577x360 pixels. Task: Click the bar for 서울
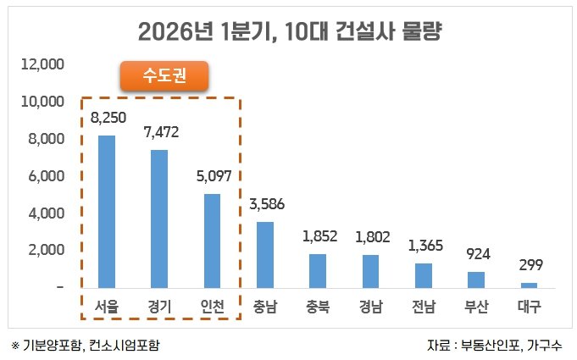[x=107, y=212]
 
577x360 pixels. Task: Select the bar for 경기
[x=159, y=219]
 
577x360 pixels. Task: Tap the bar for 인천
[x=212, y=241]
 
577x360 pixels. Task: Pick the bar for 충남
[x=264, y=254]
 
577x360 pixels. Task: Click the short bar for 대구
[x=529, y=285]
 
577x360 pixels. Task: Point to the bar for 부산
[x=476, y=280]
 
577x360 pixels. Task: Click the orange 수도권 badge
[x=164, y=76]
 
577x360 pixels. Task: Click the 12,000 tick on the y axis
[x=42, y=64]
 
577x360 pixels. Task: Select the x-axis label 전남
[x=423, y=307]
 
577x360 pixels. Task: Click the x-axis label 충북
[x=318, y=307]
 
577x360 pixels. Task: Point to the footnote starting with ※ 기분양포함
[x=85, y=346]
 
